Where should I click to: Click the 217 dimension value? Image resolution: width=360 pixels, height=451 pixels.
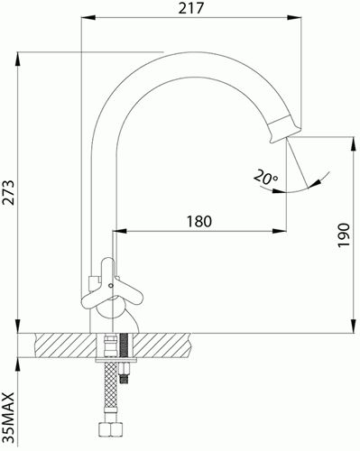click(190, 8)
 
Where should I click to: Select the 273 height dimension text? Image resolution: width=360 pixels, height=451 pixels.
click(8, 192)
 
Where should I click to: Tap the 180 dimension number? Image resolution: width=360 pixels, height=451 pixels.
click(199, 222)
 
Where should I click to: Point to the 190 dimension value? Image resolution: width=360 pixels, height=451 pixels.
click(343, 235)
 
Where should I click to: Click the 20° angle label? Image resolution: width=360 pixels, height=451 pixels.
click(265, 177)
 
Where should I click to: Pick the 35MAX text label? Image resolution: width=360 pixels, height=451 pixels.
click(8, 418)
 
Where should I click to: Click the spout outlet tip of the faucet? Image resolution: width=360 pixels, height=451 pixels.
click(286, 138)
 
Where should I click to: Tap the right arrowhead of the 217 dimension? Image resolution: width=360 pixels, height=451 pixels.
click(294, 17)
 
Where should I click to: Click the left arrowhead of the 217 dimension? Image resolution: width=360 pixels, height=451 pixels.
click(88, 17)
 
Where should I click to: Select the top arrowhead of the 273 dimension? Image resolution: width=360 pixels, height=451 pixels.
click(17, 60)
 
